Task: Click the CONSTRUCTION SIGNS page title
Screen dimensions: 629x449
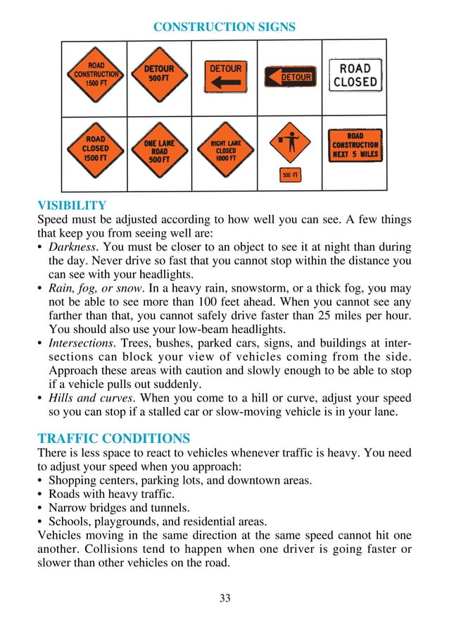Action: click(224, 27)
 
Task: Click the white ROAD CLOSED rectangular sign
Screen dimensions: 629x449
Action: click(355, 75)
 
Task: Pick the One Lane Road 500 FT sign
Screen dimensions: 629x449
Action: click(159, 151)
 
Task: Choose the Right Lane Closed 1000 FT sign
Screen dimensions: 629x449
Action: click(226, 151)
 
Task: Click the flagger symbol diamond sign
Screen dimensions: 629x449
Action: click(290, 142)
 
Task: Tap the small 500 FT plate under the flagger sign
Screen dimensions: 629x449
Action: click(290, 175)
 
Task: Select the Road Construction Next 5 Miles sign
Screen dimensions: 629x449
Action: click(355, 145)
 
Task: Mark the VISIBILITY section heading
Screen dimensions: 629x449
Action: click(71, 206)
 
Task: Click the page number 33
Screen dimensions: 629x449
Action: click(224, 599)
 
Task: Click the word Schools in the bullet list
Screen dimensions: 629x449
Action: click(68, 521)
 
